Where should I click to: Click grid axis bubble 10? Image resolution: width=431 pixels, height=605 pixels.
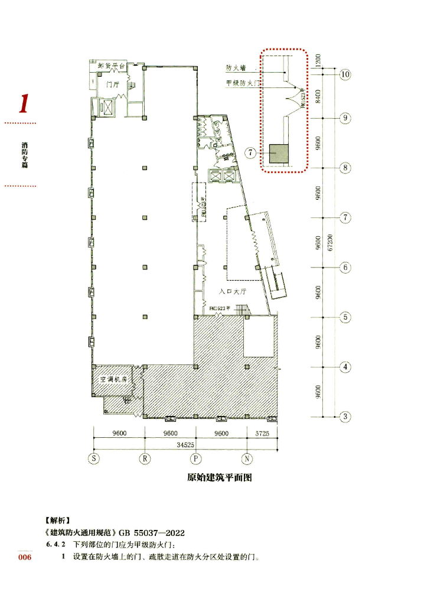tap(345, 74)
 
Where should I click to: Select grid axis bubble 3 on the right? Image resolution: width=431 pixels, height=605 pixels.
tap(346, 417)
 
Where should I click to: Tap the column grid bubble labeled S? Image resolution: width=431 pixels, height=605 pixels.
tap(93, 458)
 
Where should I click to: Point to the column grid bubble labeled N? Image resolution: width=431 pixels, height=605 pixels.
tap(247, 458)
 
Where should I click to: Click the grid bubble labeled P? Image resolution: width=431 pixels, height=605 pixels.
tap(195, 458)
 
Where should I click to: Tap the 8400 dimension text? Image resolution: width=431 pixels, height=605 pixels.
tap(318, 93)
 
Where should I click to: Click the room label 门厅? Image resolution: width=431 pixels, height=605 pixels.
tap(113, 85)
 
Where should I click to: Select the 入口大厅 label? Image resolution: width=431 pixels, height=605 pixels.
tap(231, 291)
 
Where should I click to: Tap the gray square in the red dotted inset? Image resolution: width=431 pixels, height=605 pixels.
tap(278, 154)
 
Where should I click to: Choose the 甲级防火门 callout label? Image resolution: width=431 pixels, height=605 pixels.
tap(243, 83)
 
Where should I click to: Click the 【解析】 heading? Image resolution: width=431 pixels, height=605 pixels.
tap(57, 521)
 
